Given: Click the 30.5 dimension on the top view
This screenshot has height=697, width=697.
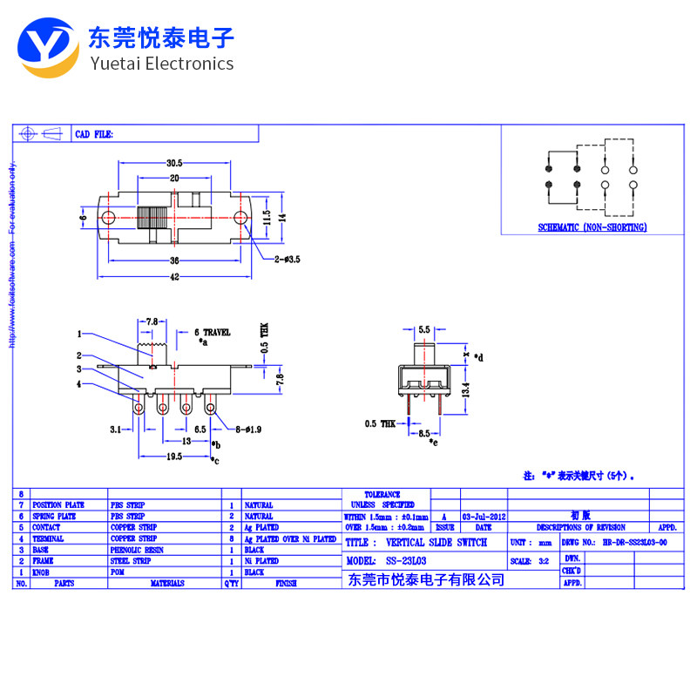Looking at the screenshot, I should [174, 163].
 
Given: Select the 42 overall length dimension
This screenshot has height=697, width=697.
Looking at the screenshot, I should [174, 277].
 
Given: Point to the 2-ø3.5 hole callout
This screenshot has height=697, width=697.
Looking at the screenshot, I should [287, 259].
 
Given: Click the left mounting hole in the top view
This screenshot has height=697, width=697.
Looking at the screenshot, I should [108, 217].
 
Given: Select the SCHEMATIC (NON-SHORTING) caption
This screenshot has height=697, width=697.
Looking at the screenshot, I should [592, 227].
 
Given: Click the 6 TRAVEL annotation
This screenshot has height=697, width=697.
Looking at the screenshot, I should [212, 332].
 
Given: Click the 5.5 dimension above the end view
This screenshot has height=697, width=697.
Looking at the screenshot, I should [424, 329].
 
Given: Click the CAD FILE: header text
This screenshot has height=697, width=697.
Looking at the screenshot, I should [94, 135].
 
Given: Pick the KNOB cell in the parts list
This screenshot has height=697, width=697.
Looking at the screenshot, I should [41, 572].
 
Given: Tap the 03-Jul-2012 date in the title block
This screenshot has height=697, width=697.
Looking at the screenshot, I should [484, 516].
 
